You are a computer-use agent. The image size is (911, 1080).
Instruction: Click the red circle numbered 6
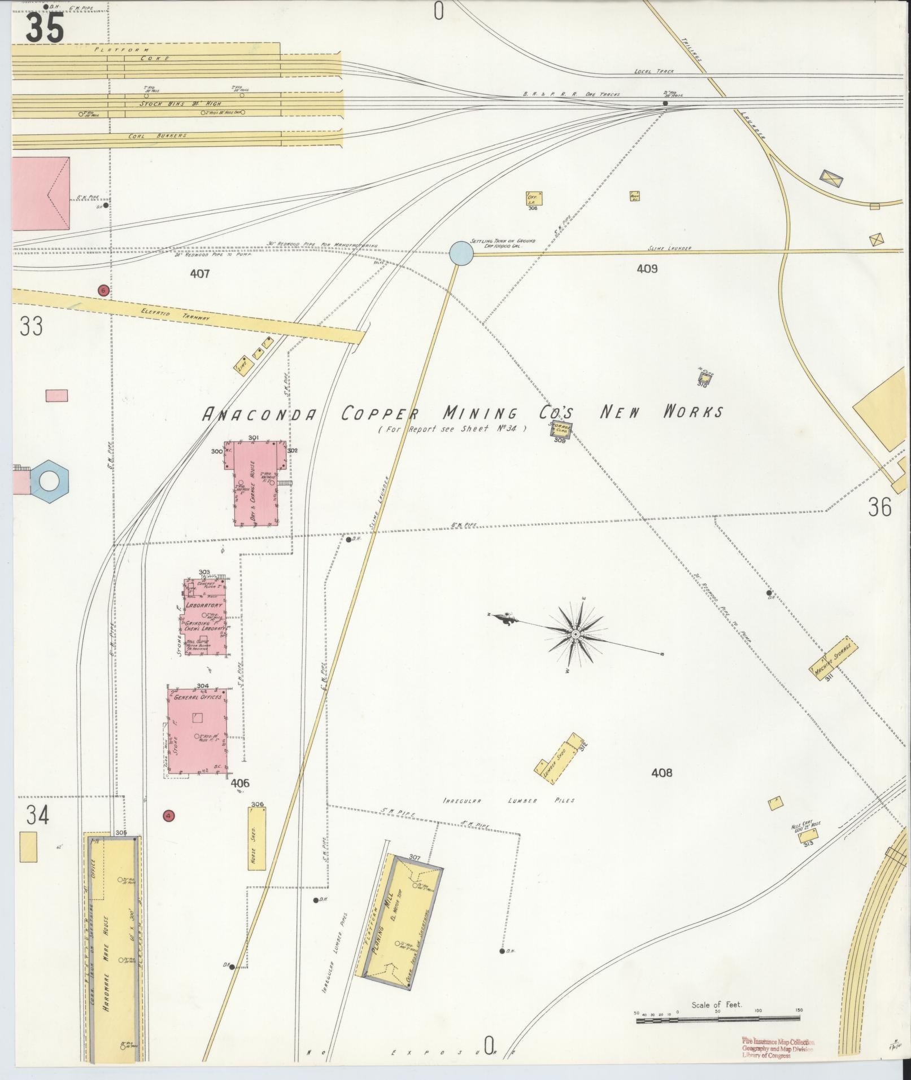pyautogui.click(x=103, y=290)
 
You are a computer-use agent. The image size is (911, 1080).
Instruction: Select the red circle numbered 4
pyautogui.click(x=168, y=815)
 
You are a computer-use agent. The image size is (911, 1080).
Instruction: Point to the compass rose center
pyautogui.click(x=576, y=635)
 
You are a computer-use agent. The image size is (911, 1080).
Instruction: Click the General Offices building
pyautogui.click(x=198, y=731)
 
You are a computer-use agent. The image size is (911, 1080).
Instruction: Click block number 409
pyautogui.click(x=647, y=269)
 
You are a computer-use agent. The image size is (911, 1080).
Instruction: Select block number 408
pyautogui.click(x=661, y=773)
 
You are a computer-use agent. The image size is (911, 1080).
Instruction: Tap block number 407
pyautogui.click(x=200, y=274)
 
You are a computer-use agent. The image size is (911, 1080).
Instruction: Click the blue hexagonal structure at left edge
pyautogui.click(x=50, y=481)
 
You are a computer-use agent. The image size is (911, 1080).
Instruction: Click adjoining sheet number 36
pyautogui.click(x=879, y=507)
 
